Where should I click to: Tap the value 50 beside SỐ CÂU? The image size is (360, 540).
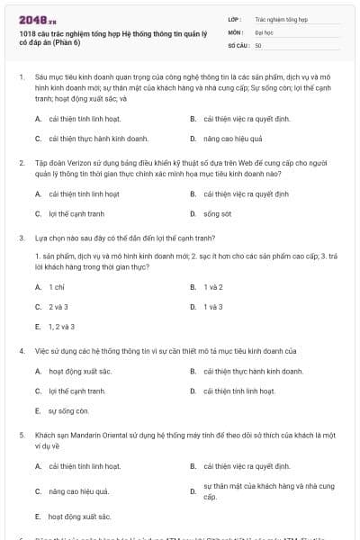click(258, 44)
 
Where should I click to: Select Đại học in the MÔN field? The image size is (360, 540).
click(265, 31)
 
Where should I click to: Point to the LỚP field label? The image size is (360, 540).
click(234, 18)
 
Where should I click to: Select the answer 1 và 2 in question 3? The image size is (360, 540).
click(213, 286)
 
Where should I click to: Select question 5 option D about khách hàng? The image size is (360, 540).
click(258, 490)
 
